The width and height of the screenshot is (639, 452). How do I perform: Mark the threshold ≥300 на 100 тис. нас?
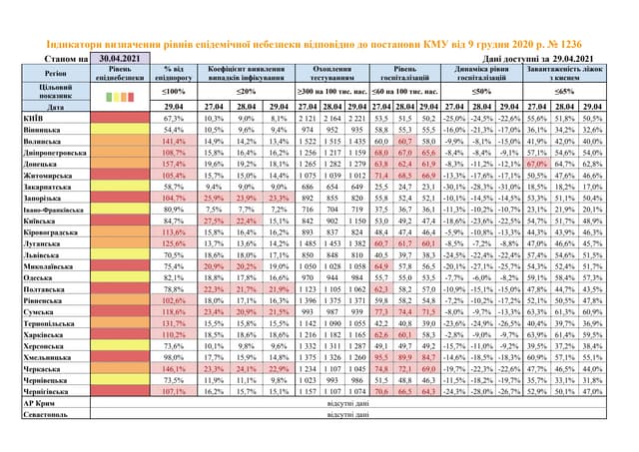332,90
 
